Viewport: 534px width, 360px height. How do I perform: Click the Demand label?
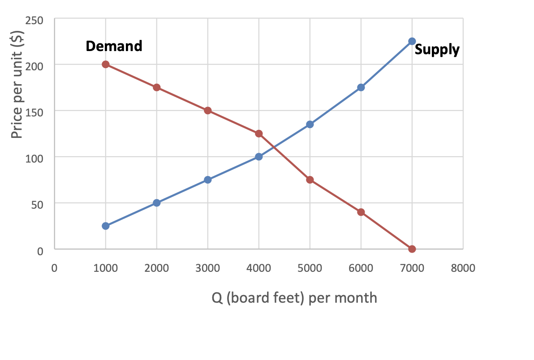pyautogui.click(x=114, y=46)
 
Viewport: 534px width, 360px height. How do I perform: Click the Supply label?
pyautogui.click(x=437, y=49)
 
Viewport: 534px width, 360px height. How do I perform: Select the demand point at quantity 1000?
pyautogui.click(x=106, y=64)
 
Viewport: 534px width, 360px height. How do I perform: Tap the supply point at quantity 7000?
pyautogui.click(x=412, y=41)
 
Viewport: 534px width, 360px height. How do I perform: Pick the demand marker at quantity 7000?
pyautogui.click(x=412, y=249)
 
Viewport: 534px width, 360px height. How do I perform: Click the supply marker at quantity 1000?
pyautogui.click(x=106, y=226)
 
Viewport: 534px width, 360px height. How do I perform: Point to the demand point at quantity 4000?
pyautogui.click(x=258, y=133)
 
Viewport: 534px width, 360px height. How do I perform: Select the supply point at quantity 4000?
pyautogui.click(x=258, y=157)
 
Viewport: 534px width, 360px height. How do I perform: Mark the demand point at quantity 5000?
pyautogui.click(x=310, y=180)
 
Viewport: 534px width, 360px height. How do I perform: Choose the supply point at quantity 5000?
pyautogui.click(x=310, y=124)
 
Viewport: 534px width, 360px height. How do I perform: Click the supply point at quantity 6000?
pyautogui.click(x=361, y=87)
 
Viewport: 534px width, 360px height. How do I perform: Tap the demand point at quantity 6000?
pyautogui.click(x=361, y=212)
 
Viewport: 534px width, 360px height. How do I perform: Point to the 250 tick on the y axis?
pyautogui.click(x=38, y=20)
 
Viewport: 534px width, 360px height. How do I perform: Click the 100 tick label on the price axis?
pyautogui.click(x=38, y=158)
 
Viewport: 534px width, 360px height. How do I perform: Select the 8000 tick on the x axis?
pyautogui.click(x=463, y=268)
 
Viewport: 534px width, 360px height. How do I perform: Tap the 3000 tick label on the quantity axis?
pyautogui.click(x=207, y=268)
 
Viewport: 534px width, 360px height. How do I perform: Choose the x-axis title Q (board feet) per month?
pyautogui.click(x=294, y=298)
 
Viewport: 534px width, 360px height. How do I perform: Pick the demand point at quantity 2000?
pyautogui.click(x=157, y=87)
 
